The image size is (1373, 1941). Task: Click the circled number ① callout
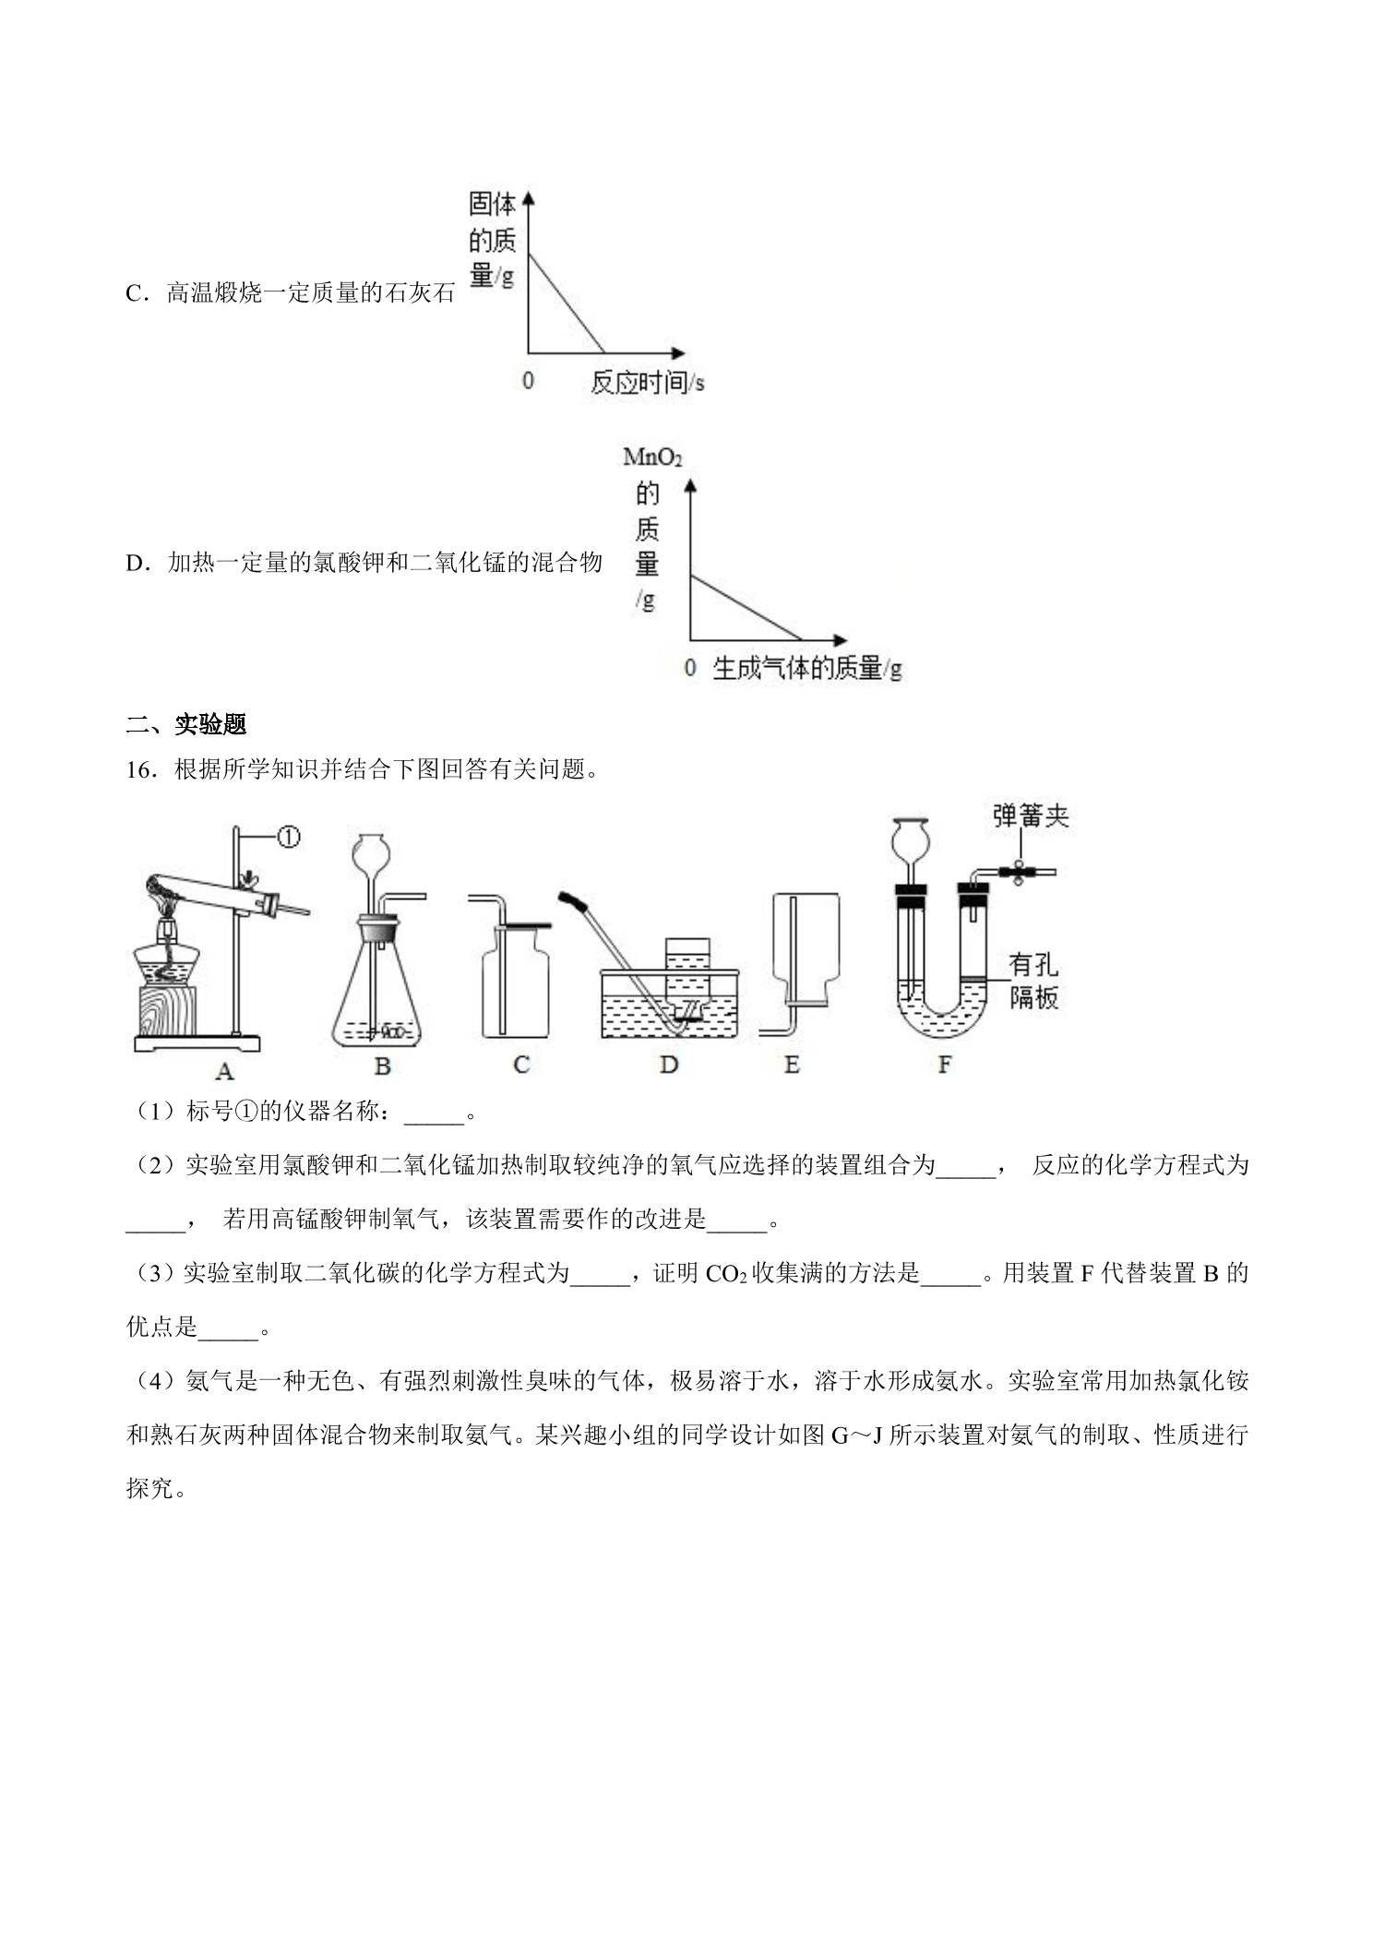tap(289, 838)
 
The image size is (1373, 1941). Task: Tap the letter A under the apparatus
tap(224, 1070)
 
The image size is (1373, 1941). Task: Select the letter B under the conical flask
tap(383, 1066)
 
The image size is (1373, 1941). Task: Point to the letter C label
tap(521, 1066)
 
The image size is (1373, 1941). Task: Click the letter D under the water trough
tap(669, 1066)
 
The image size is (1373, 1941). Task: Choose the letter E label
tap(792, 1066)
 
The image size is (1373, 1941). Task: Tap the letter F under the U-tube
tap(944, 1066)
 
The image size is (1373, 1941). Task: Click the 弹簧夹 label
tap(1031, 816)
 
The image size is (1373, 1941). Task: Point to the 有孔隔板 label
tap(1033, 982)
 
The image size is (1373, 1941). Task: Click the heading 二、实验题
tap(186, 724)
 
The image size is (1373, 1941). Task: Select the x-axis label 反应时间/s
tap(647, 383)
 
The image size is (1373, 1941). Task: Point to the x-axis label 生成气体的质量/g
tap(806, 669)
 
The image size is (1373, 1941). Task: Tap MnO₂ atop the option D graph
tap(652, 458)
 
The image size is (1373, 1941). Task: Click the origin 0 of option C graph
tap(528, 380)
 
